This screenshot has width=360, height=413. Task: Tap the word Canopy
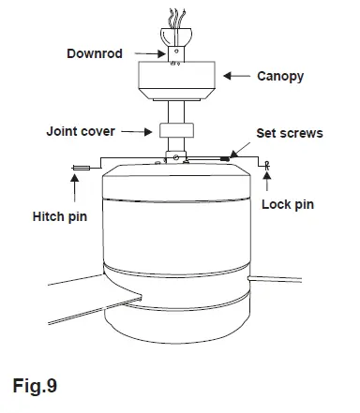280,76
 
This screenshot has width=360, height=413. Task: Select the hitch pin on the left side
78,169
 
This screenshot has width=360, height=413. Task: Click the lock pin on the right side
268,166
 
